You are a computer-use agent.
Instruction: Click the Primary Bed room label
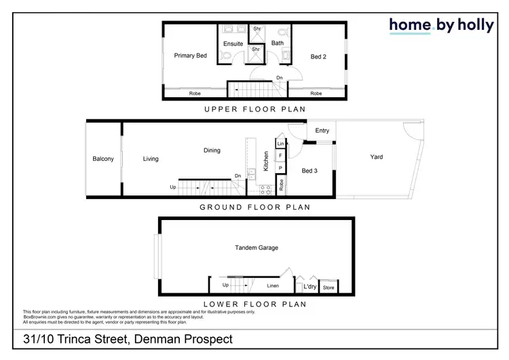190,56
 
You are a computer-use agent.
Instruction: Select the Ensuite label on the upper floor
233,44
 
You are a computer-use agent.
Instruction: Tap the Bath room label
277,43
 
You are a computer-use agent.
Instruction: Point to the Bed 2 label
318,56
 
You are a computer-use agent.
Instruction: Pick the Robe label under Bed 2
316,93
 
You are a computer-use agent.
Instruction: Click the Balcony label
103,159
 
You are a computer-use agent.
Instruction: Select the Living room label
151,159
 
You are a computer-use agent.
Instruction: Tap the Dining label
212,150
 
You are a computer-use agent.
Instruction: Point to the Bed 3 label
309,170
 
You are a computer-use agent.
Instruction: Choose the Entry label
322,131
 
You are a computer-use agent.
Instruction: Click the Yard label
377,157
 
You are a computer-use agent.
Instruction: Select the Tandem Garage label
257,248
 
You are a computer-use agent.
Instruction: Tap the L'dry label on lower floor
309,287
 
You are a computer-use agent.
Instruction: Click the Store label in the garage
328,288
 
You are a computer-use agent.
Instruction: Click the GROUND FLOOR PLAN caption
255,207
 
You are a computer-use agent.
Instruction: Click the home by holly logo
441,25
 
